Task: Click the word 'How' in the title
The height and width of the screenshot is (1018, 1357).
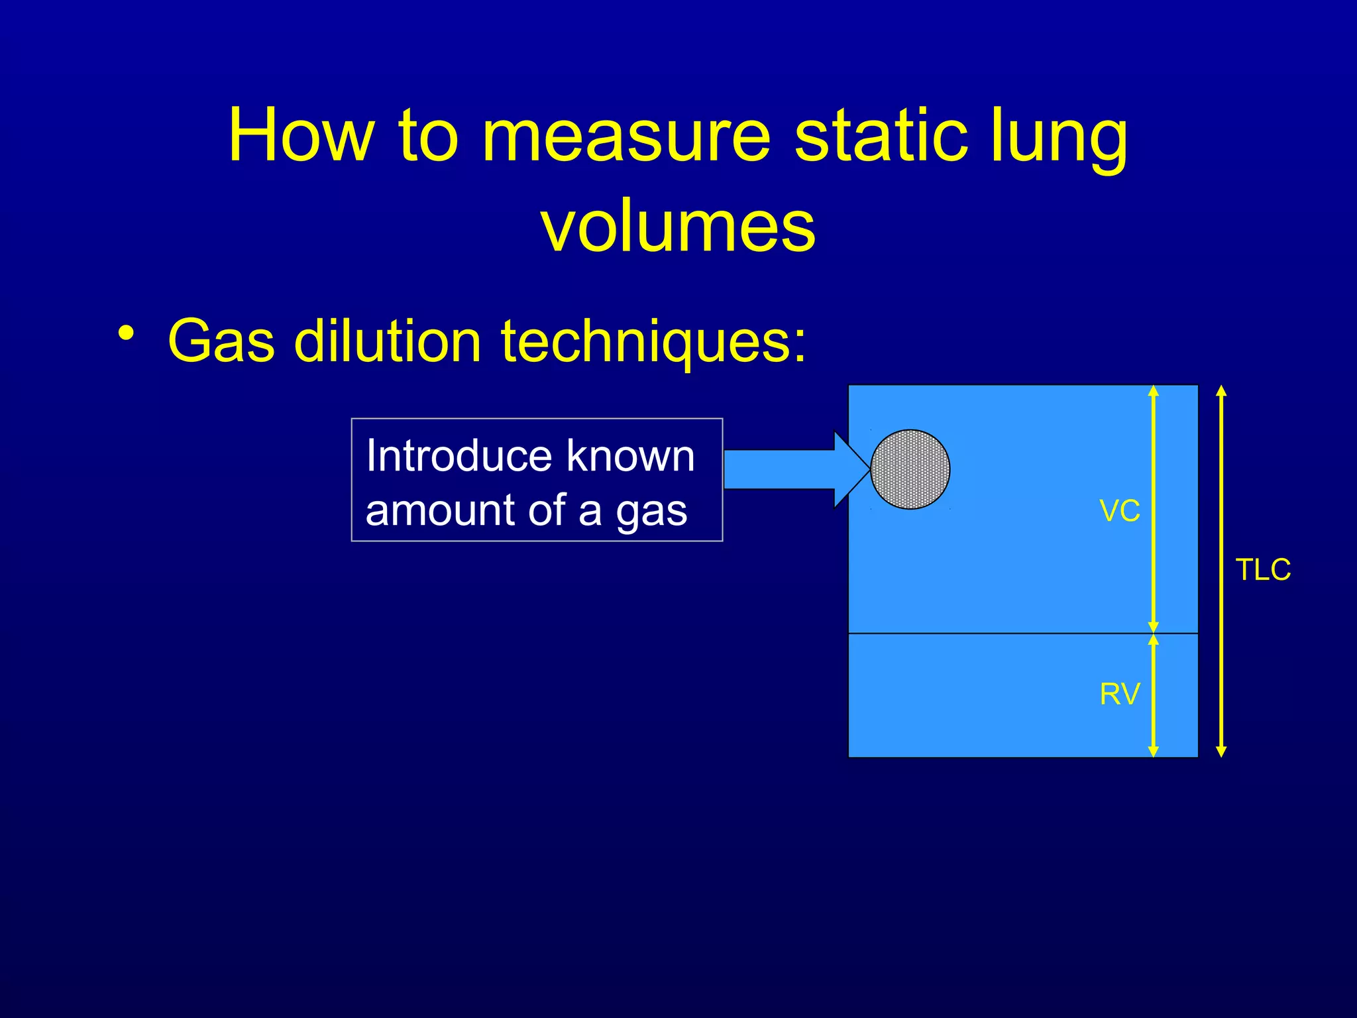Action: [301, 136]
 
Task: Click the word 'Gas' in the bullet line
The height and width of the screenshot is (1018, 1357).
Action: [221, 341]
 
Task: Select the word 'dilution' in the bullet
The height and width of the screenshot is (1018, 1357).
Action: [388, 341]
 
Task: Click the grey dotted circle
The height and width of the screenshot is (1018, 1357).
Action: [910, 469]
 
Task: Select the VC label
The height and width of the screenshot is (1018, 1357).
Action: [1119, 511]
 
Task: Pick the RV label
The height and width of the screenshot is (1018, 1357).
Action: [1119, 695]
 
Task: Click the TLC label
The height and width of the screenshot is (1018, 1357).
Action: [1263, 570]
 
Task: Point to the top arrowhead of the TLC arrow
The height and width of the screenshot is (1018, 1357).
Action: [1222, 390]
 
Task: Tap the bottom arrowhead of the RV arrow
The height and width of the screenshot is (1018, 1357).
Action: [1153, 752]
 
